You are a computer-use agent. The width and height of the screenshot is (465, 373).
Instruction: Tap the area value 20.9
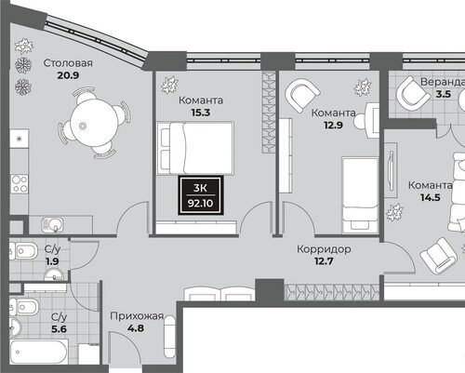pos(68,75)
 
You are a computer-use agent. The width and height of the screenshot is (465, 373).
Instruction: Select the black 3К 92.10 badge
pos(201,195)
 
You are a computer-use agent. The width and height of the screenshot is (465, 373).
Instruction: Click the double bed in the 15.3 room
pos(195,148)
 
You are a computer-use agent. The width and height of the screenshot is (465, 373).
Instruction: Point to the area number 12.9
pos(333,126)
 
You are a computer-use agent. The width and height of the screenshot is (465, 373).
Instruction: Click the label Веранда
pos(443,82)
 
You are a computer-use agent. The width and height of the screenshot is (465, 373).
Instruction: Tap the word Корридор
pos(324,249)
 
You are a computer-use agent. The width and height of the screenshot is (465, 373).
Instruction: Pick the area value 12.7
pos(324,261)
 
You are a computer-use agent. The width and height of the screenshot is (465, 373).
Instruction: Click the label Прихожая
pos(137,316)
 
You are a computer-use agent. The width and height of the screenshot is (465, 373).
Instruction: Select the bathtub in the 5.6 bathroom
pos(39,352)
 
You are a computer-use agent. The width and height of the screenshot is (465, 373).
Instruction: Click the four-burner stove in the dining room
pos(20,184)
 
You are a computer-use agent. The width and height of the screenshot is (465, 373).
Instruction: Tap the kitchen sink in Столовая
pos(52,224)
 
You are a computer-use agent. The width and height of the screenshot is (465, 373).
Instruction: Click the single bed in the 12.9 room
pos(360,195)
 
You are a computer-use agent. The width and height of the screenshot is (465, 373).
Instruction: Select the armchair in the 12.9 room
pos(302,95)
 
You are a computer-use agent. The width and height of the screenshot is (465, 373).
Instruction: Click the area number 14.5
pos(431,197)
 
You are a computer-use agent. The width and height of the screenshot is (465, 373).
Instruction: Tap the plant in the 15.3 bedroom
pos(169,85)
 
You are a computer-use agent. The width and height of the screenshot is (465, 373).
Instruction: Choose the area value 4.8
pos(136,328)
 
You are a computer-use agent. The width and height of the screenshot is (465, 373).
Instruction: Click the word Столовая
pos(68,63)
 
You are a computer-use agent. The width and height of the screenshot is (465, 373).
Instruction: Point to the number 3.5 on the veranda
pos(444,94)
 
